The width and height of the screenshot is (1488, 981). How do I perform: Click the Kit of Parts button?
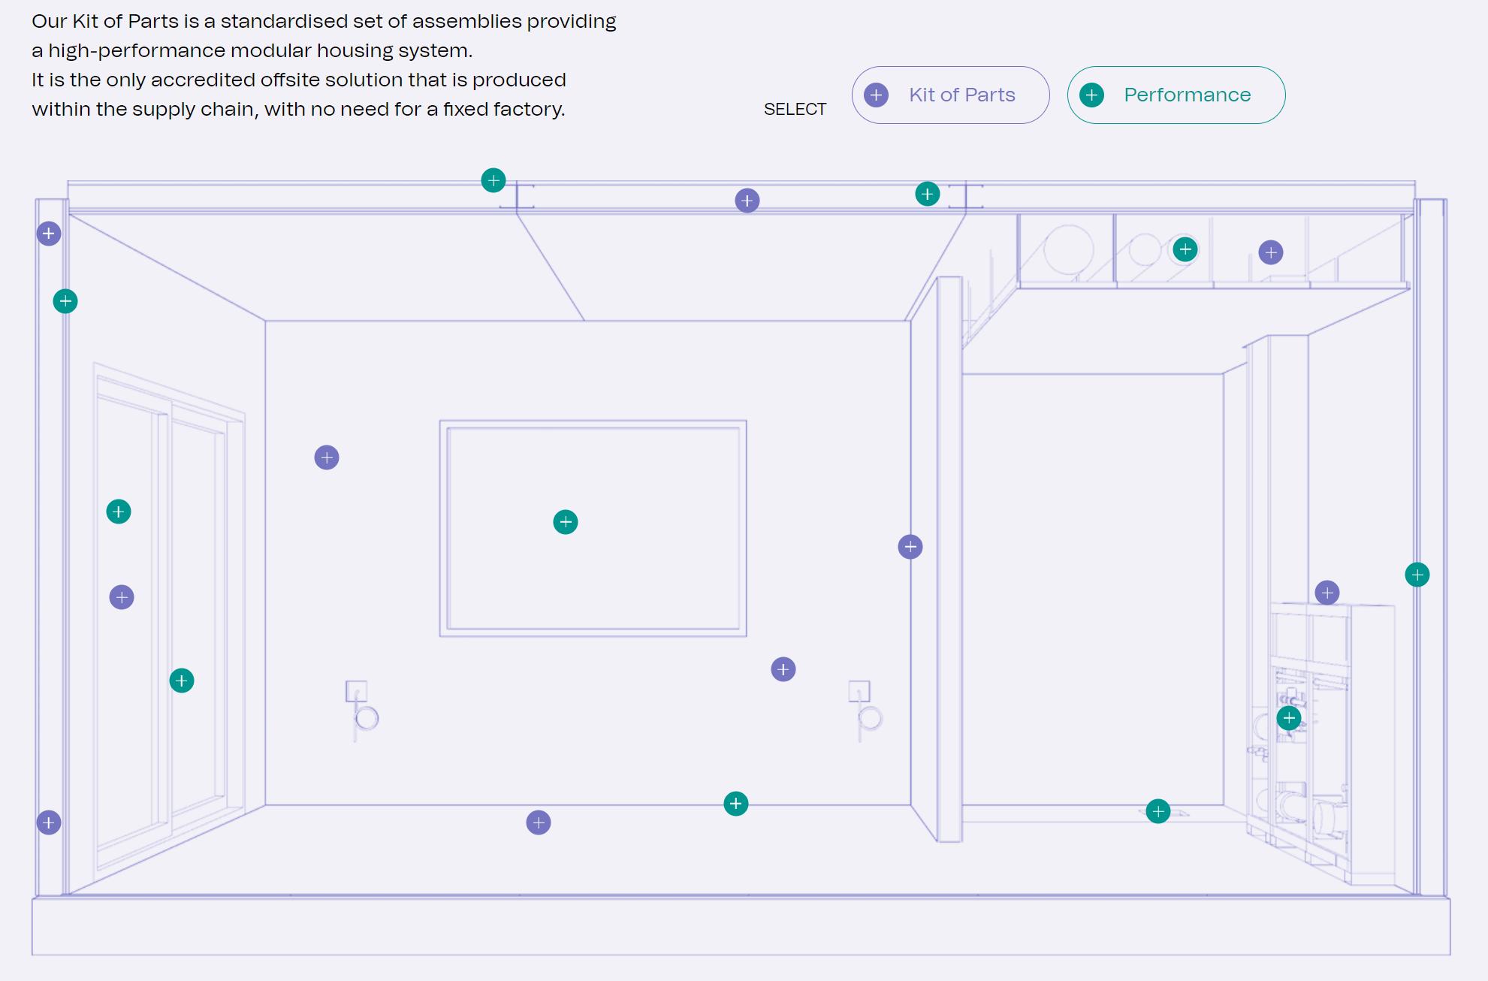pos(950,95)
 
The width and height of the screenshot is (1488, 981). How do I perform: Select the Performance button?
pos(1176,95)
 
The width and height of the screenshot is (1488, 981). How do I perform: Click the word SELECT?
pos(795,110)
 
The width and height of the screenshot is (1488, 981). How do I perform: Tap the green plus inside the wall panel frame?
pos(566,522)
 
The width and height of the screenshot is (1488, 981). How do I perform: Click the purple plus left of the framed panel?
pos(327,457)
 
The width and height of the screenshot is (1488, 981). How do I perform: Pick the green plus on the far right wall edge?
pos(1417,575)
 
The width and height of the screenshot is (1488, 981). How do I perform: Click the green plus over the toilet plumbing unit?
pos(1289,718)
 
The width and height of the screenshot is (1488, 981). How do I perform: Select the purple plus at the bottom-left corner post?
pos(49,823)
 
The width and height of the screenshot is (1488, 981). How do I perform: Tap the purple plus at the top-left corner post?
pos(49,234)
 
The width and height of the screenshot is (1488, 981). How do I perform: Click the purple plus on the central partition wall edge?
pos(910,547)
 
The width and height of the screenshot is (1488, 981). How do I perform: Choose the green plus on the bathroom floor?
pos(1158,811)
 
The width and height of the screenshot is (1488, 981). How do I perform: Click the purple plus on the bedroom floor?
pos(539,823)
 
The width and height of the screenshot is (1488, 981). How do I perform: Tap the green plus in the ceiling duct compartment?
pos(1185,249)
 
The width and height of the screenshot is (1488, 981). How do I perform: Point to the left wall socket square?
pos(356,691)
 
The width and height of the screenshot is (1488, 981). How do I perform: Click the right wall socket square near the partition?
pos(859,691)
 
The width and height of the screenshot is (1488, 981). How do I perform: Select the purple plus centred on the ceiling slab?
pos(747,201)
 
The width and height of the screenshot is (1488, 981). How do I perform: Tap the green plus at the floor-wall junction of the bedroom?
pos(736,804)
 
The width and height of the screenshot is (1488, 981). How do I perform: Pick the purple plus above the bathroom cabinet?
pos(1327,593)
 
